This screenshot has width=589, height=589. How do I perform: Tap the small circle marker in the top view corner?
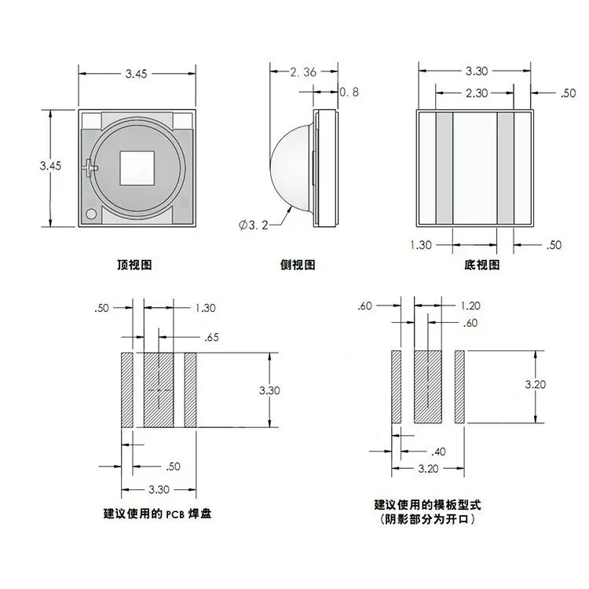[91, 214]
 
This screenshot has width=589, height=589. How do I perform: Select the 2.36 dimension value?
[302, 72]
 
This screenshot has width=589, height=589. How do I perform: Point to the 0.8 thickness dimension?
[349, 92]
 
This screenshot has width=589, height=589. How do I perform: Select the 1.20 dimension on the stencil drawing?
[470, 305]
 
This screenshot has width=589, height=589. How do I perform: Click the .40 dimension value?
[439, 452]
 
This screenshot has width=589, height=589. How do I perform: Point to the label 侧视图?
[297, 265]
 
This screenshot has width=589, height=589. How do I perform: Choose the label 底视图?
[481, 265]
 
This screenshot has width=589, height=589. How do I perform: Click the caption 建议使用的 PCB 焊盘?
[158, 514]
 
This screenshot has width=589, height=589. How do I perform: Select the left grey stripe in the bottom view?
[444, 168]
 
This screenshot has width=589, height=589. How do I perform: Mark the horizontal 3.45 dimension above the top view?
[137, 74]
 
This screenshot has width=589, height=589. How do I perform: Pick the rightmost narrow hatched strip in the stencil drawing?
[460, 386]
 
